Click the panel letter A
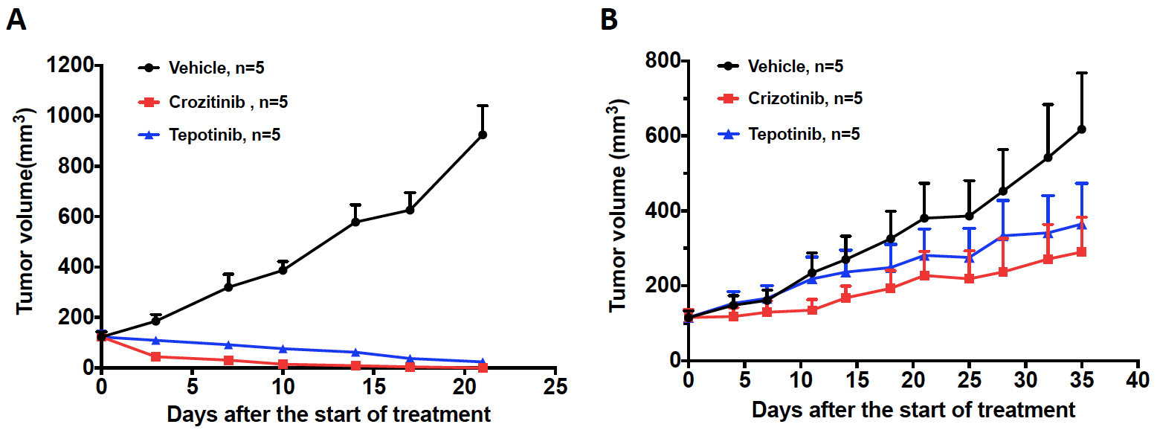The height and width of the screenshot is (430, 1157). point(16,20)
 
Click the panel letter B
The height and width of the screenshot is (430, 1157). point(609,20)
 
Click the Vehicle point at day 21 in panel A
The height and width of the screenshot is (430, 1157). point(483,135)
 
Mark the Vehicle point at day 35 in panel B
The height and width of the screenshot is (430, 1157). point(1082,129)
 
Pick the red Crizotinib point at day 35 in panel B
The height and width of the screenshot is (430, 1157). point(1082,252)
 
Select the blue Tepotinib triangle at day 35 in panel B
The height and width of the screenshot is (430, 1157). point(1082,224)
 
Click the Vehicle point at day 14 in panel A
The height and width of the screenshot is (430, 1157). point(355,222)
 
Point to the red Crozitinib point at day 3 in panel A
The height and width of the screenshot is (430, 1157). point(155,356)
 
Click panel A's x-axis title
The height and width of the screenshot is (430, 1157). point(329,414)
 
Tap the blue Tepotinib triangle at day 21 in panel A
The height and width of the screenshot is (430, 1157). point(483,362)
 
